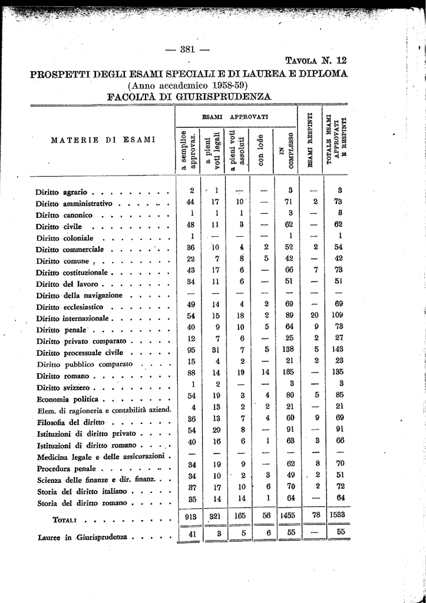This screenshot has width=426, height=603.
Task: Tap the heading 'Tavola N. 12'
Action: [x=316, y=60]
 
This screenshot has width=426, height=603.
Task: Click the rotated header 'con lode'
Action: [x=261, y=152]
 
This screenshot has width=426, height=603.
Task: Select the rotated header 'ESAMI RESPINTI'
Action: [x=310, y=140]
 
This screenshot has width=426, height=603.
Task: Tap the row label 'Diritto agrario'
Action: [x=61, y=192]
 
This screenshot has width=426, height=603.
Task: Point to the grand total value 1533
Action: [x=337, y=515]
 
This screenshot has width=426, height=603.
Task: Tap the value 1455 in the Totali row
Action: [x=288, y=515]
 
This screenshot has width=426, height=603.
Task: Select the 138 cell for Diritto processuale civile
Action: [x=289, y=349]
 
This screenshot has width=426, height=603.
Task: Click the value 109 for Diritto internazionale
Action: [x=337, y=316]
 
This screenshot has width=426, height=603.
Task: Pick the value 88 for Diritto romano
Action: [x=191, y=372]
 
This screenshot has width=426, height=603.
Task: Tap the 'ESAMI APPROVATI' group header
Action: [x=235, y=117]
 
